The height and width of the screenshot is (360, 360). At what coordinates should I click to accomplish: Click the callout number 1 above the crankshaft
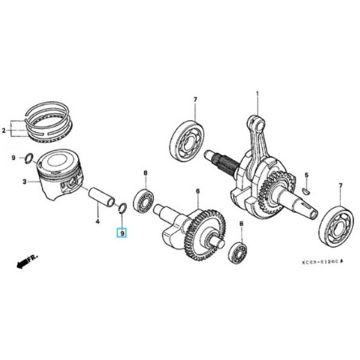[x=256, y=94]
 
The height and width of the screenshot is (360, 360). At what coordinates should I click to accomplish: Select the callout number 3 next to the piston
[x=25, y=182]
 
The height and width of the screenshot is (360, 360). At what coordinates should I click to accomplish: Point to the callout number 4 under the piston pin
[x=98, y=222]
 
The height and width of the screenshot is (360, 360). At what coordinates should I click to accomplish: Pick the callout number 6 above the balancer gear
[x=198, y=191]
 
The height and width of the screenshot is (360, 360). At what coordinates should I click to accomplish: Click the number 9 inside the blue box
[x=121, y=234]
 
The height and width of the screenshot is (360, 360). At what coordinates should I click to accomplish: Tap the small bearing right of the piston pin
[x=144, y=198]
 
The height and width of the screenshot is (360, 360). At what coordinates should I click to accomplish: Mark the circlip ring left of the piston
[x=28, y=156]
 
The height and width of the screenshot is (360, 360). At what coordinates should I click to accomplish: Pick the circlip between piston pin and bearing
[x=122, y=209]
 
